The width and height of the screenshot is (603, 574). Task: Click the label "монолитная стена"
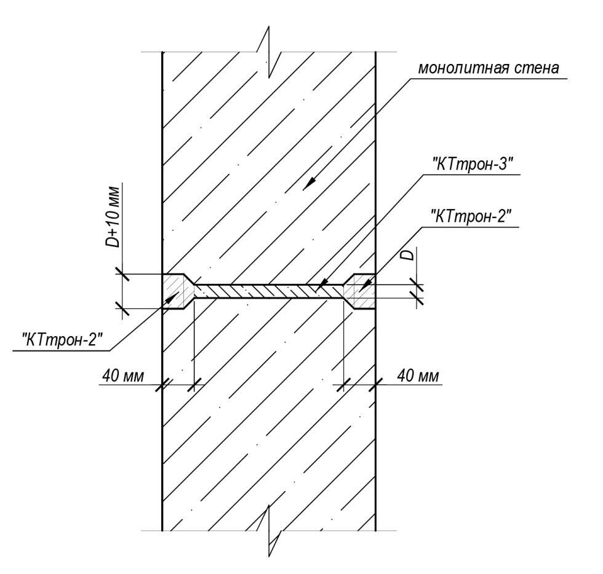coord(489,68)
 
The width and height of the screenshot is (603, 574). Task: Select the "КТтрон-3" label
coord(473,165)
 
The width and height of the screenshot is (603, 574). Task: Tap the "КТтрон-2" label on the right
coord(473,217)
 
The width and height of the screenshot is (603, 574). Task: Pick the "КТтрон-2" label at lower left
coord(63,340)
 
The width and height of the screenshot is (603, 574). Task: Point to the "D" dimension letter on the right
coord(409,254)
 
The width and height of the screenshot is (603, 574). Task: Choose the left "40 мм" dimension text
coord(122,375)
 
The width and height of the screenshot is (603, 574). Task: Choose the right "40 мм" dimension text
coord(418,375)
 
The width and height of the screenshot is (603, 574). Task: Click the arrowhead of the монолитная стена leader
coord(309,183)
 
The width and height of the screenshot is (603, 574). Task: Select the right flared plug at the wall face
coord(359,291)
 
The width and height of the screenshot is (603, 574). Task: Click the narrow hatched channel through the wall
coord(268,291)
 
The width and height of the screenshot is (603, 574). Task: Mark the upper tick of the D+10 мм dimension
coord(122,274)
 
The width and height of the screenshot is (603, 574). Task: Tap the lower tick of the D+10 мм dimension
coord(122,308)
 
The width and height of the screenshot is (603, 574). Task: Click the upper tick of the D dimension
coord(417,285)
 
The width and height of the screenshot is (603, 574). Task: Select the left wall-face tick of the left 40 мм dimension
coord(162,384)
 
